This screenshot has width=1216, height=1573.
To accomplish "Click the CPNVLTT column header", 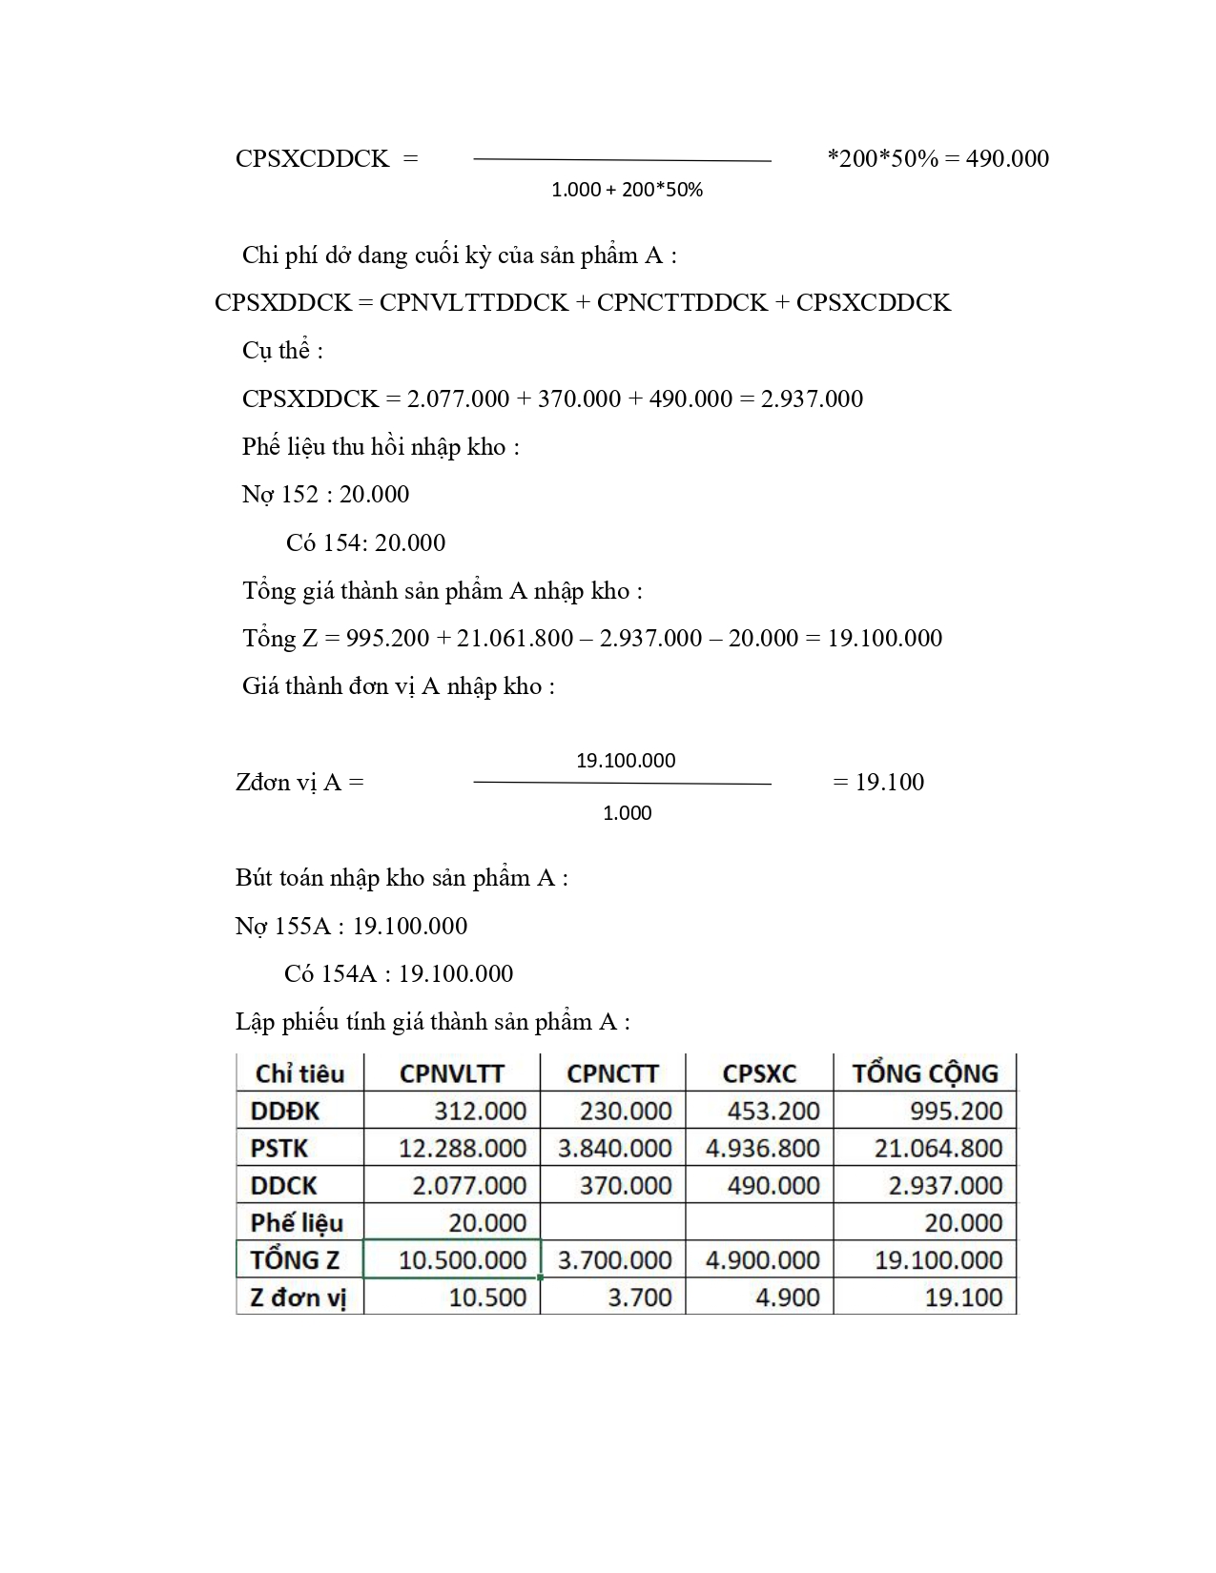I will coord(451,1073).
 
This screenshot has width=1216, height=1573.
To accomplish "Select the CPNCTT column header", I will coord(612,1073).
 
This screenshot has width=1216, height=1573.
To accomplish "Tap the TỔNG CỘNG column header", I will coord(924,1073).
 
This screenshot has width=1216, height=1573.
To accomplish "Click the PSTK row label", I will coord(279,1148).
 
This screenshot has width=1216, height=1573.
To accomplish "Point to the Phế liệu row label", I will coord(297,1222).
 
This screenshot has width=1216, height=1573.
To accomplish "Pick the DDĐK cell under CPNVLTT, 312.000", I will coord(480,1111).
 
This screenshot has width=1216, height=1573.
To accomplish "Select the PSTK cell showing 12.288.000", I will coord(463,1148).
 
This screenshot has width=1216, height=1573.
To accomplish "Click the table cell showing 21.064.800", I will coord(938,1148).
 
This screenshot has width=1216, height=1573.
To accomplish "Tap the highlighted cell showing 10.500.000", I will coord(463,1259).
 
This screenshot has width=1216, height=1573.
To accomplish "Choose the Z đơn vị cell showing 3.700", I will coord(640,1297).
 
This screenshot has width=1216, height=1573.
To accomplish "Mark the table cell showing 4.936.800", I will coord(762,1148).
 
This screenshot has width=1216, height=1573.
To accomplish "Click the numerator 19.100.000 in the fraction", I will coord(626,761).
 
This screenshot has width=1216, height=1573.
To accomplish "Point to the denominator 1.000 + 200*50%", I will coord(627,190).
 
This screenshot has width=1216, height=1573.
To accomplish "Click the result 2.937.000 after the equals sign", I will coord(812,398).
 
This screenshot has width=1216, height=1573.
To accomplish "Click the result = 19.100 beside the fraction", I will coord(878,782).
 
